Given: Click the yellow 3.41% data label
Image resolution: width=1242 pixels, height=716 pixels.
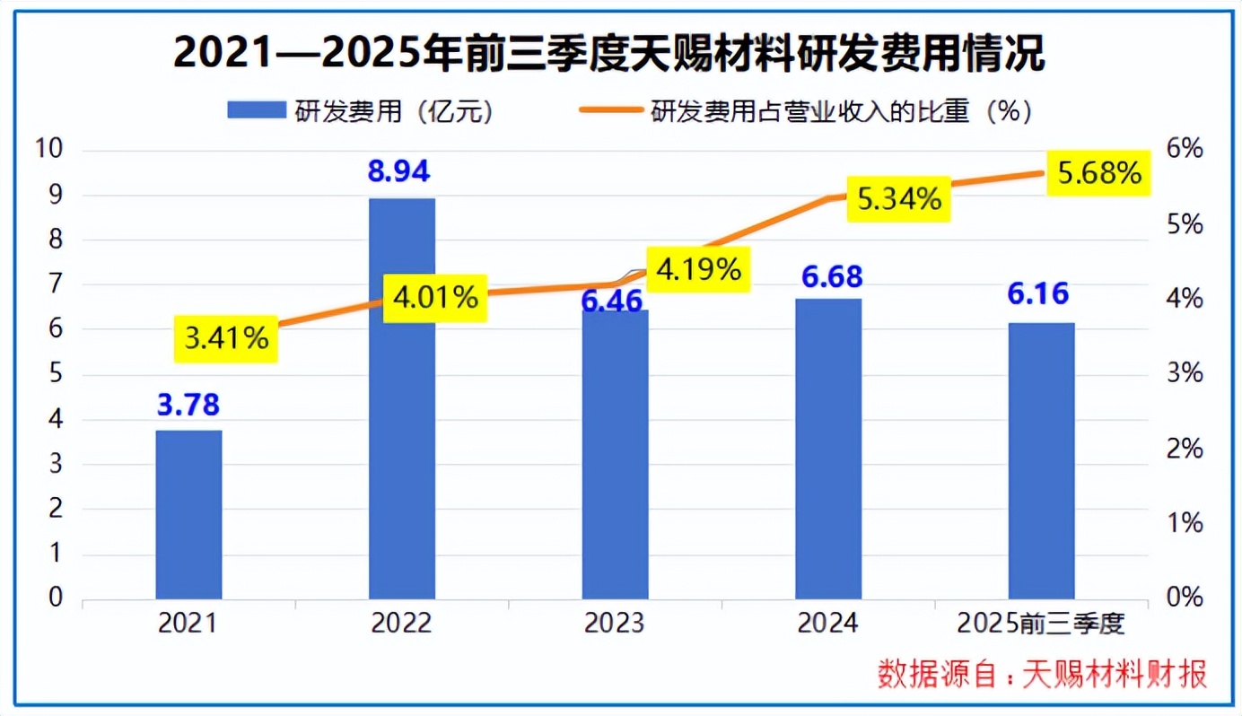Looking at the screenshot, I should coord(227,338).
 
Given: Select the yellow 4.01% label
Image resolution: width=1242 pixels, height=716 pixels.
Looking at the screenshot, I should coord(435,298).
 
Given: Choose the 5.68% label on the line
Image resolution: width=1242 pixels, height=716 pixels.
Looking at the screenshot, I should coord(1099,173).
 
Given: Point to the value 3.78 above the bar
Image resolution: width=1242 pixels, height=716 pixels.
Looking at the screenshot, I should coord(188,404).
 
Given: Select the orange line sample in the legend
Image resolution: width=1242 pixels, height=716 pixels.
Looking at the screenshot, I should coord(609,111).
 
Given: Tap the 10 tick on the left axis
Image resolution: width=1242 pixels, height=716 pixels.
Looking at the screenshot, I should coord(50,150).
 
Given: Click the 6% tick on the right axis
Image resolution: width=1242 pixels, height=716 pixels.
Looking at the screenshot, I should coord(1185,150).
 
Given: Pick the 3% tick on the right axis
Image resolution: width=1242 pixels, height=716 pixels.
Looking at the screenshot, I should coord(1185,373).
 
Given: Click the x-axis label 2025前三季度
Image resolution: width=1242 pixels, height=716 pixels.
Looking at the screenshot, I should coord(1041,623).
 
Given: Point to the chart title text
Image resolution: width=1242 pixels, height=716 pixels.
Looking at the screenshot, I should coord(609,54).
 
